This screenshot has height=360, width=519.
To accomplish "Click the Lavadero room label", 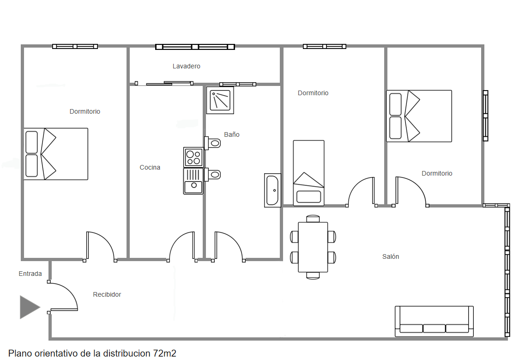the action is point(187,66).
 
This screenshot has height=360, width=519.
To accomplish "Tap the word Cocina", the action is point(150,168).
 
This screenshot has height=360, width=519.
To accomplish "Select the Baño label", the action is point(232,134).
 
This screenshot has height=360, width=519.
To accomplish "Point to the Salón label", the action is point(391,256).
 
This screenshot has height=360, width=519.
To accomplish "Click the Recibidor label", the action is point(107,294).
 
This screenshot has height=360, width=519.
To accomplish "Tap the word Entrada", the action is point(30,274).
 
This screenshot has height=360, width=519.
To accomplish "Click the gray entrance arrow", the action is point(30,307).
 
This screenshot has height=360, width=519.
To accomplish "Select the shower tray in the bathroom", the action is point(220,100).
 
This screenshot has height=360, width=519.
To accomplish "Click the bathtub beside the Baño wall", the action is point(272,190).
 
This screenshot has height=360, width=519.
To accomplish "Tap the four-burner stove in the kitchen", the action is point(193,157).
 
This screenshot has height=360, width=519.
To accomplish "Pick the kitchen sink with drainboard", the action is point(193,181).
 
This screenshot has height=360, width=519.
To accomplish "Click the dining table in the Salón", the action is point(313,247).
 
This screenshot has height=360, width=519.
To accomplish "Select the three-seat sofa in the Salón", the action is point(434,321).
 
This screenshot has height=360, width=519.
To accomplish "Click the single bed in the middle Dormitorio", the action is point(308,173).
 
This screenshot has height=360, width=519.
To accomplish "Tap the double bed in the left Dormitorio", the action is point(56,154).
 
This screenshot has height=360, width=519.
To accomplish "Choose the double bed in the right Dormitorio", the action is point(419,116).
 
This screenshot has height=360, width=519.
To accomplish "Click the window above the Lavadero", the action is point(195,47).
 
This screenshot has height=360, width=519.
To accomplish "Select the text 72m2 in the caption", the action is point(164,354).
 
